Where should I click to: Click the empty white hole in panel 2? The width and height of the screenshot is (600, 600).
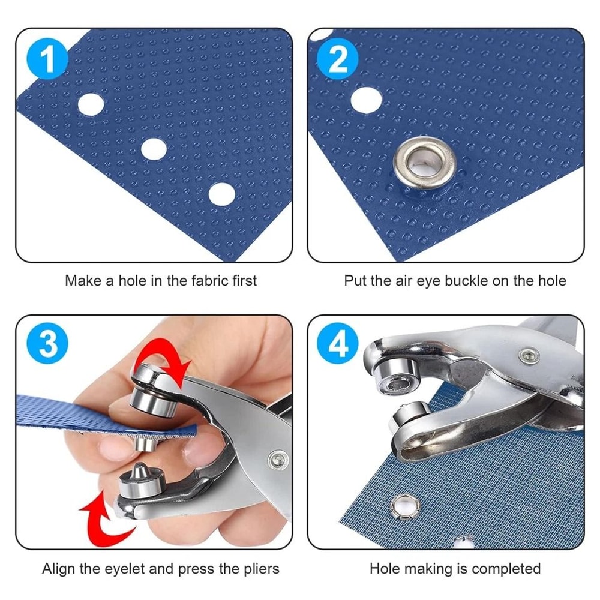(366, 100)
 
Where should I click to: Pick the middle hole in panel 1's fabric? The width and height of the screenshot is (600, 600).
(154, 148)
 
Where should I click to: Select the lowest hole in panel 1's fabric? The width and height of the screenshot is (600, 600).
(221, 193)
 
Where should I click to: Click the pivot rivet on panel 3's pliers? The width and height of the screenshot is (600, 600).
(277, 460)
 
